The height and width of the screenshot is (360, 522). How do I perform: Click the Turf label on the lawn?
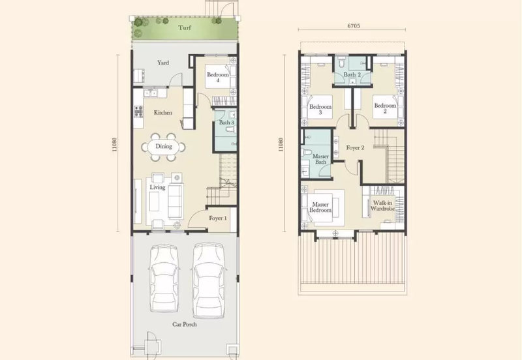pyautogui.click(x=185, y=27)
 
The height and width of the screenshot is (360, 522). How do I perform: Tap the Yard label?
pyautogui.click(x=163, y=63)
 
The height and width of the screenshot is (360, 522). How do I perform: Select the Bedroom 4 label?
pyautogui.click(x=218, y=77)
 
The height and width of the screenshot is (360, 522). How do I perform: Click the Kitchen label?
pyautogui.click(x=163, y=113)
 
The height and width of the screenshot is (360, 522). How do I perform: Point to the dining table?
pyautogui.click(x=164, y=146)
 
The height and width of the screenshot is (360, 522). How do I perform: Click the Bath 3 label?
pyautogui.click(x=226, y=123)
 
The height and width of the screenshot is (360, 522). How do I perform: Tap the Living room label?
pyautogui.click(x=157, y=187)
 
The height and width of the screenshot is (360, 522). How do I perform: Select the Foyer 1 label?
pyautogui.click(x=218, y=218)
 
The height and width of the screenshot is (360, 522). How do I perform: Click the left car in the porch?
pyautogui.click(x=164, y=279)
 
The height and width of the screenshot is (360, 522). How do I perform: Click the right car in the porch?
pyautogui.click(x=209, y=280)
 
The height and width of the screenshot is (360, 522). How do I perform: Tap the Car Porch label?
pyautogui.click(x=185, y=324)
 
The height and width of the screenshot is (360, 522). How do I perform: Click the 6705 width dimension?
pyautogui.click(x=354, y=25)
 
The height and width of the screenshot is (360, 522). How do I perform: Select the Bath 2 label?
pyautogui.click(x=352, y=74)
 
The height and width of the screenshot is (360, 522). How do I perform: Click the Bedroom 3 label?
pyautogui.click(x=320, y=110)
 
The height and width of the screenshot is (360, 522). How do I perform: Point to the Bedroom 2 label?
pyautogui.click(x=385, y=108)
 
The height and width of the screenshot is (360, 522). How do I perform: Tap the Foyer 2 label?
pyautogui.click(x=355, y=148)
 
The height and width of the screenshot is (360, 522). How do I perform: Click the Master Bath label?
pyautogui.click(x=320, y=159)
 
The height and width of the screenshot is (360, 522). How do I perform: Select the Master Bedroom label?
pyautogui.click(x=320, y=207)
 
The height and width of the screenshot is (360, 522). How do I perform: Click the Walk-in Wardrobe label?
pyautogui.click(x=382, y=205)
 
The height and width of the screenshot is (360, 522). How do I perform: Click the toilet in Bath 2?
pyautogui.click(x=341, y=62)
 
